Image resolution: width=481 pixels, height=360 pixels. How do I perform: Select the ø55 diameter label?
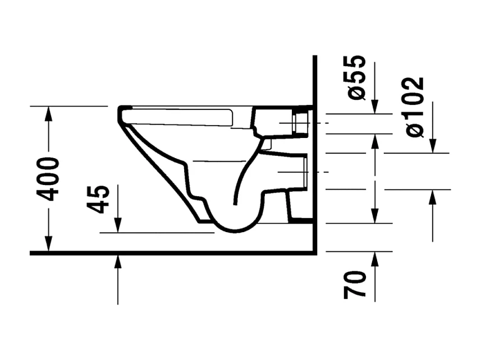tap(357, 77)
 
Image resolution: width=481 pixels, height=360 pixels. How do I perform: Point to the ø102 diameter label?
tap(415, 106)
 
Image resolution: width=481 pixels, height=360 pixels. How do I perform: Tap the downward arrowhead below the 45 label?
tap(118, 225)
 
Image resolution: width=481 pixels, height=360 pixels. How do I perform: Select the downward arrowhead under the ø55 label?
tap(375, 107)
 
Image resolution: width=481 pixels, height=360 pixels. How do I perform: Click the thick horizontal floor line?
tap(168, 253)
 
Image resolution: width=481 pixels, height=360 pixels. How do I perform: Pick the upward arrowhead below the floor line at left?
tap(118, 260)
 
